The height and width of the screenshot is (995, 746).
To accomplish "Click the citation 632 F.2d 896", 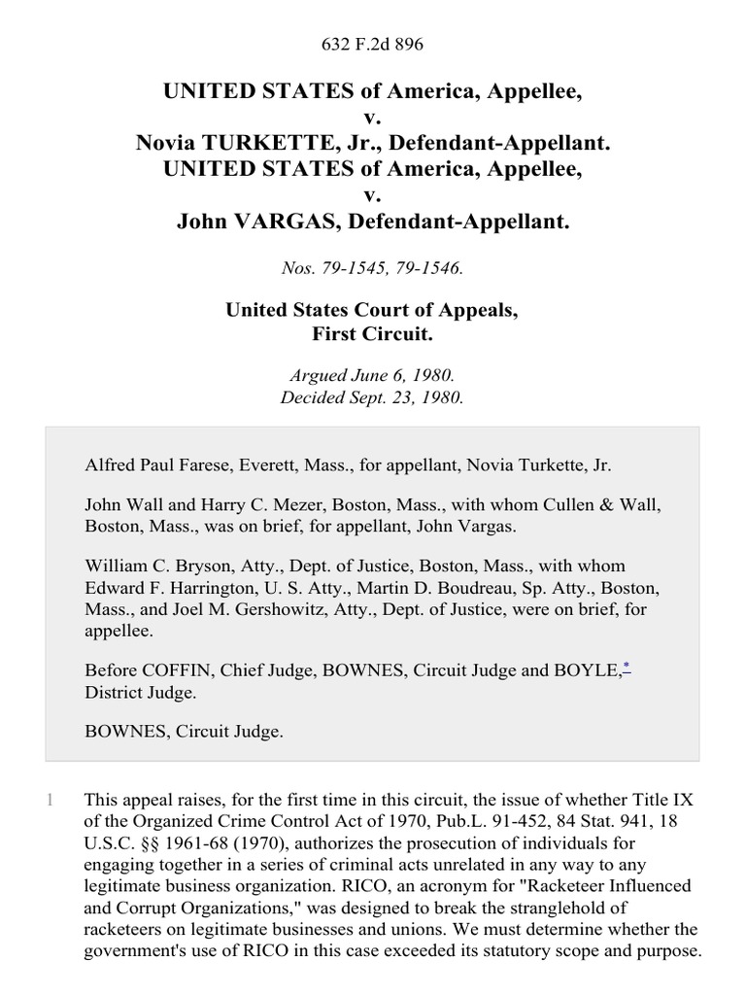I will (372, 44).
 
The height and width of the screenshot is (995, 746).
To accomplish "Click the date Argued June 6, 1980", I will (372, 374).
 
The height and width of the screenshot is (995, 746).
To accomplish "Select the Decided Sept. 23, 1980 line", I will (372, 396).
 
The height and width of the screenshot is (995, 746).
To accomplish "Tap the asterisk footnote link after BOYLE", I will (626, 667).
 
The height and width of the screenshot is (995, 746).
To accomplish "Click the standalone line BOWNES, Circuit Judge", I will (184, 732).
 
